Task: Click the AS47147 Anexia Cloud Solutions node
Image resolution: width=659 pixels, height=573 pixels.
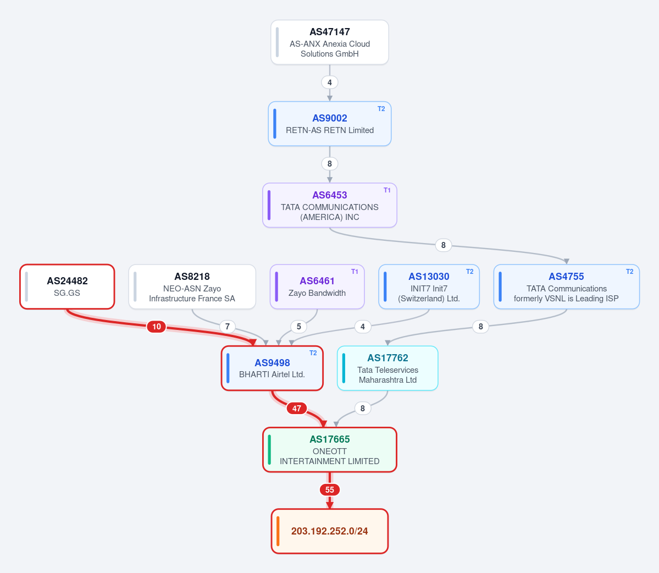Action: [x=330, y=42]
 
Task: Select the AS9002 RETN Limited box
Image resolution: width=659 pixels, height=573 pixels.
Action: [x=330, y=124]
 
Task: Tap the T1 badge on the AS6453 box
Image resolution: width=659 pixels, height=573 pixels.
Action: [x=387, y=190]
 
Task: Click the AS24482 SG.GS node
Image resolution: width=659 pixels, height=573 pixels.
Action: [x=67, y=286]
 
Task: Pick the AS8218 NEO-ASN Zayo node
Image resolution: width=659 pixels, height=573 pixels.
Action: [x=192, y=286]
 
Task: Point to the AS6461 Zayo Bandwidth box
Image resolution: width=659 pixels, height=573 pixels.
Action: [x=317, y=286]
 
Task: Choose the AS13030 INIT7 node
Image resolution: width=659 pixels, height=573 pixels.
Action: [x=429, y=286]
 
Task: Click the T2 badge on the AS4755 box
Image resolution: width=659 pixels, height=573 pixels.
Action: [x=629, y=272]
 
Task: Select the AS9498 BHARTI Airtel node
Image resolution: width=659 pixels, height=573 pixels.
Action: [x=273, y=368]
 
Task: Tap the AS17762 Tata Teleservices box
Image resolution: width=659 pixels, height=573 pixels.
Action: [x=387, y=368]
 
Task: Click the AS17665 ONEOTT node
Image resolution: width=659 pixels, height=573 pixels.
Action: [x=330, y=450]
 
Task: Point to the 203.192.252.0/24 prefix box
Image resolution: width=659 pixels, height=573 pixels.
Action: [x=330, y=531]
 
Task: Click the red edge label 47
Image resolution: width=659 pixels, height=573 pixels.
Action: [x=297, y=408]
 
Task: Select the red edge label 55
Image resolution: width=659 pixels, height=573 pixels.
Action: [x=330, y=490]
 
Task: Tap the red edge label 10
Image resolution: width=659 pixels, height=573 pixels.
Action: [x=156, y=327]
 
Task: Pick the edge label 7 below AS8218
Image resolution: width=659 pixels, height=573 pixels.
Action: [x=228, y=327]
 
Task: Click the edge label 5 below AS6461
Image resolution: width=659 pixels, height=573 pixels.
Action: [x=299, y=327]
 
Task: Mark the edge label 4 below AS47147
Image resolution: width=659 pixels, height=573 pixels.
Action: [x=330, y=82]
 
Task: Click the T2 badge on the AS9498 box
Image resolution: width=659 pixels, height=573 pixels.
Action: [x=313, y=353]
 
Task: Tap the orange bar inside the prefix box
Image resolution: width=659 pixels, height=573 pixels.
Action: [x=278, y=531]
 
